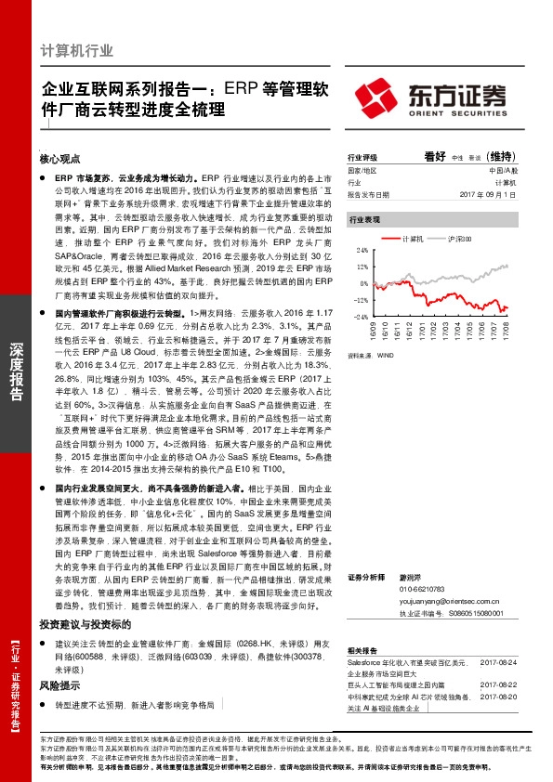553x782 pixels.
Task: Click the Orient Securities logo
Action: pos(431,96)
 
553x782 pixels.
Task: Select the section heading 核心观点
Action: pos(61,158)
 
